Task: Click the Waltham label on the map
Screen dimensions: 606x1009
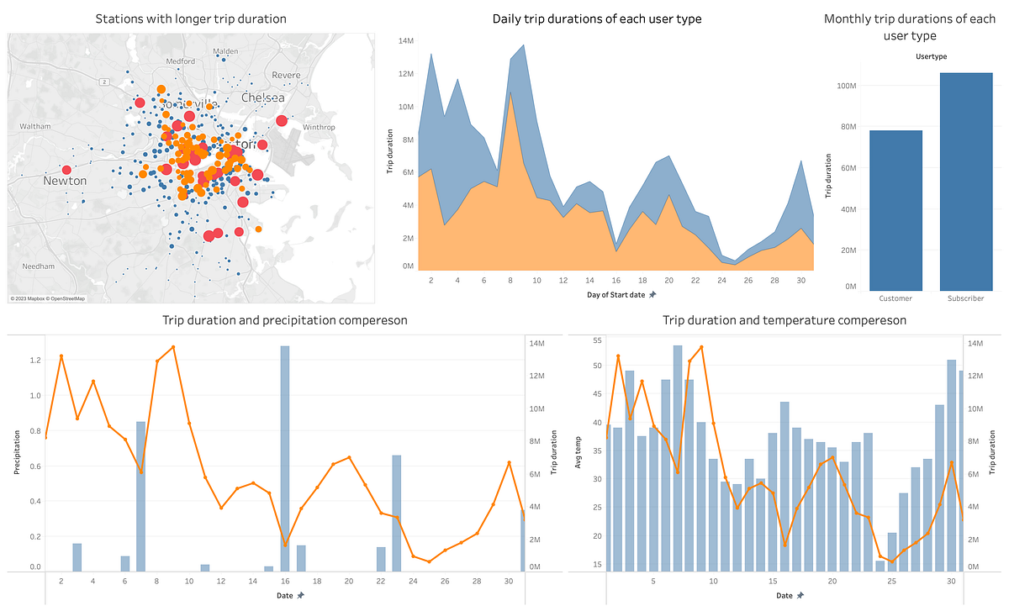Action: tap(35, 126)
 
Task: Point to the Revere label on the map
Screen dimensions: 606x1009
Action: tap(286, 75)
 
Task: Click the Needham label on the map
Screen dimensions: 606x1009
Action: tap(38, 266)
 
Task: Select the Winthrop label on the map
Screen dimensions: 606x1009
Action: tap(319, 127)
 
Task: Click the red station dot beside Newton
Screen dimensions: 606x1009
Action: tap(66, 170)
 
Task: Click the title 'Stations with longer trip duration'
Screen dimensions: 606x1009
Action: tap(191, 18)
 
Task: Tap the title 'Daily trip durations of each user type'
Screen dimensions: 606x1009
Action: tap(597, 18)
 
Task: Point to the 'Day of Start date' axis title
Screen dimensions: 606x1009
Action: tap(617, 295)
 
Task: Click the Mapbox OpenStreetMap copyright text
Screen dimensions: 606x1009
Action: tap(48, 298)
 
